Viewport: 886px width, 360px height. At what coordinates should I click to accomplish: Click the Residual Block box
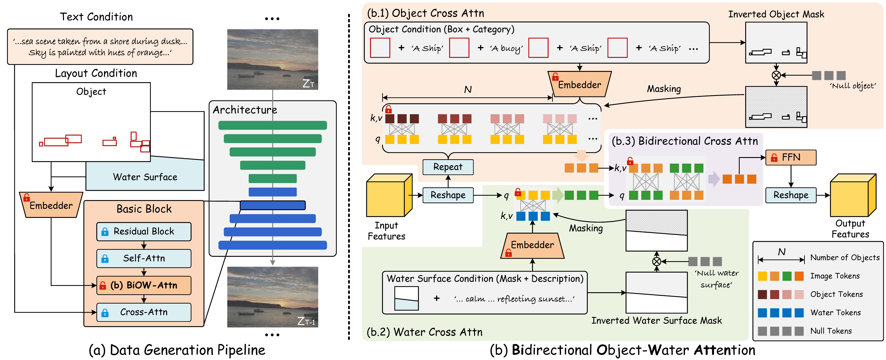coord(144,231)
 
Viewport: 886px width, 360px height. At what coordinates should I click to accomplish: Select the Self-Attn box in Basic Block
coord(144,258)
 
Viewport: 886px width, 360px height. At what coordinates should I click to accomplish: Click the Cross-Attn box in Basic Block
coord(144,312)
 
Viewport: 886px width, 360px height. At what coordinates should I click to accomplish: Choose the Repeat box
coord(448,167)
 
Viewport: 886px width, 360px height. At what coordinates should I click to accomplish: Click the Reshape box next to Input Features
coord(448,195)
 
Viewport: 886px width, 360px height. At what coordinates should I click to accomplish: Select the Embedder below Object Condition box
coord(580,85)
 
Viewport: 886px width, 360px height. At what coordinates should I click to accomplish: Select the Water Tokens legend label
coord(835,313)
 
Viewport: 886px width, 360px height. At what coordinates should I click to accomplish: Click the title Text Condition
coord(96,17)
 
